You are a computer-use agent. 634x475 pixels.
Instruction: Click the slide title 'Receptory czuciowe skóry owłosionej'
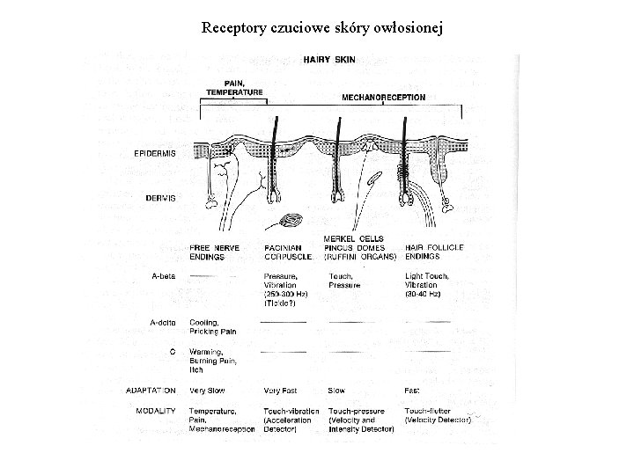point(322,28)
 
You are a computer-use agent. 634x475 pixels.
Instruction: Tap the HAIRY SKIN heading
point(331,61)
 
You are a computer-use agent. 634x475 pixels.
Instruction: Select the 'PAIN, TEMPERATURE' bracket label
point(234,86)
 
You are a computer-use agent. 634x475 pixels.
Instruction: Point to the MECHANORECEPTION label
point(383,97)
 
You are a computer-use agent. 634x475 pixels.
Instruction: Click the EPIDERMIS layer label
point(154,152)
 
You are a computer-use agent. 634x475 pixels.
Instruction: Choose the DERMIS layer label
point(160,198)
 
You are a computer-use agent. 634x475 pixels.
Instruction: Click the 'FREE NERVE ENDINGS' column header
point(213,252)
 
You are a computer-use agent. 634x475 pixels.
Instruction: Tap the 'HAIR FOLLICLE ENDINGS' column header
point(434,252)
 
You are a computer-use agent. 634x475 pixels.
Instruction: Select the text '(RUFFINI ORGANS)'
point(361,257)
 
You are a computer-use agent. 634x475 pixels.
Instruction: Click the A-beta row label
point(164,275)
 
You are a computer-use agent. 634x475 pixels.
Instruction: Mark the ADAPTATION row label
point(151,391)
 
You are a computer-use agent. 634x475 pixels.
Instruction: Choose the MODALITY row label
point(156,410)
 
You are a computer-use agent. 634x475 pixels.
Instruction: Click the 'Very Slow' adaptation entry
point(208,391)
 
